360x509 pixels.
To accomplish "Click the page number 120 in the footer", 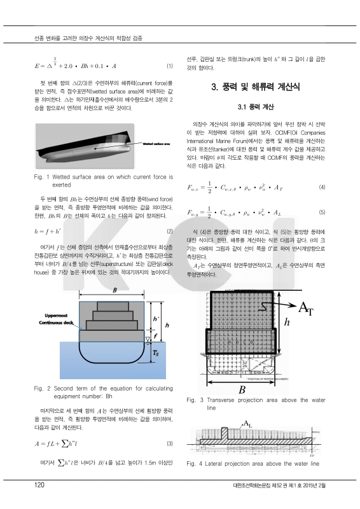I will click(x=39, y=485).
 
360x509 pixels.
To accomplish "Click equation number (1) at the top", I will click(x=169, y=66).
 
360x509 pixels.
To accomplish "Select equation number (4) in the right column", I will click(x=322, y=187).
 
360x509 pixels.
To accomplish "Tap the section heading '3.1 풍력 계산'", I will click(x=254, y=106).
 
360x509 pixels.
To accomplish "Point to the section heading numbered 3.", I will click(x=255, y=86).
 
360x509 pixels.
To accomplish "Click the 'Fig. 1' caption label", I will click(x=41, y=174).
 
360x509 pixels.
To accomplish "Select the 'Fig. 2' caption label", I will click(x=41, y=387).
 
